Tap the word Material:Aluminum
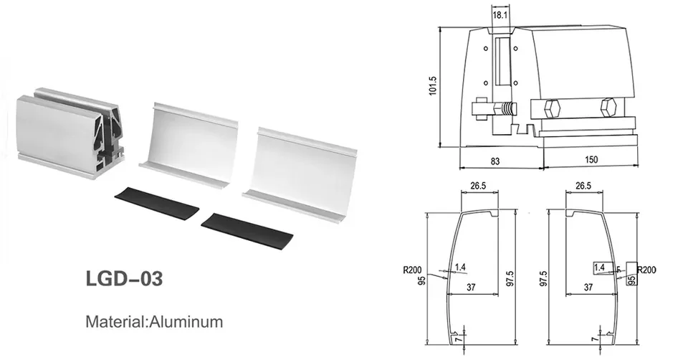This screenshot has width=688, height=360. tap(153, 321)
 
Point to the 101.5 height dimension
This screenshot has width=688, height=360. tap(432, 88)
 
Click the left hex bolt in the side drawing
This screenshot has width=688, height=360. tap(553, 110)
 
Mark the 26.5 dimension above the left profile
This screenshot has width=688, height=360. tap(478, 186)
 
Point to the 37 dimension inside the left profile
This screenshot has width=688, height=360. tap(471, 287)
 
